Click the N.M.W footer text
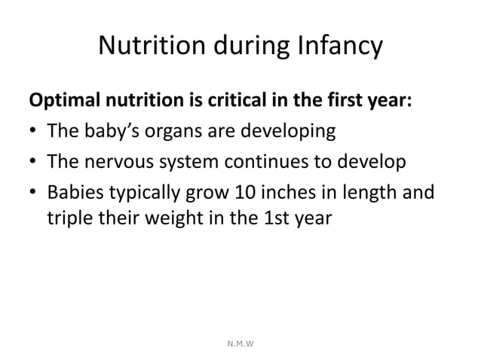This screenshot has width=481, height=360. (x=240, y=343)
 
